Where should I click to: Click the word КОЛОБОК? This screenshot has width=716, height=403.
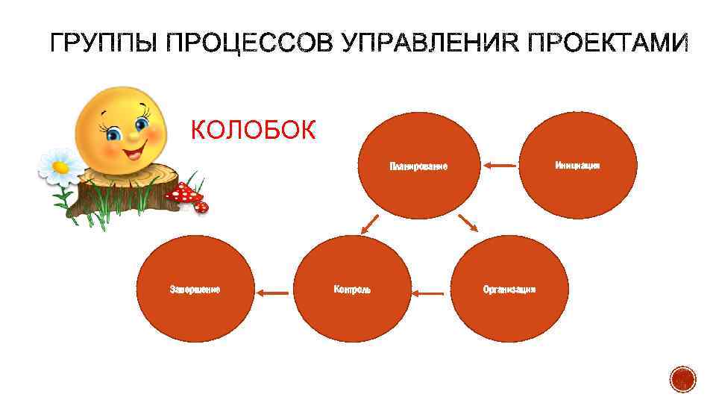coord(254,131)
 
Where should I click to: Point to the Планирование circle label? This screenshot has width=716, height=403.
coord(418,166)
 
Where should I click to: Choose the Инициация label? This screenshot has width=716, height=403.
coord(577,165)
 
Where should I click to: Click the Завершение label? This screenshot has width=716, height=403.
coord(195,289)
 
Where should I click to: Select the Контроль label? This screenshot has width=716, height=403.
coord(352,290)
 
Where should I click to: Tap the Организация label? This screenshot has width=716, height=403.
coord(509,289)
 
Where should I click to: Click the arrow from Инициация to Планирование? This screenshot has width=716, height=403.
coord(499,165)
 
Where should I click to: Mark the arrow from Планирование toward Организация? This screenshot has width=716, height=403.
coord(468,222)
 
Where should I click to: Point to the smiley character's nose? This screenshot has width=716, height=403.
coord(133,137)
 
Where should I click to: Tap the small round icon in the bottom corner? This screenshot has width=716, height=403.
coord(682,380)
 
